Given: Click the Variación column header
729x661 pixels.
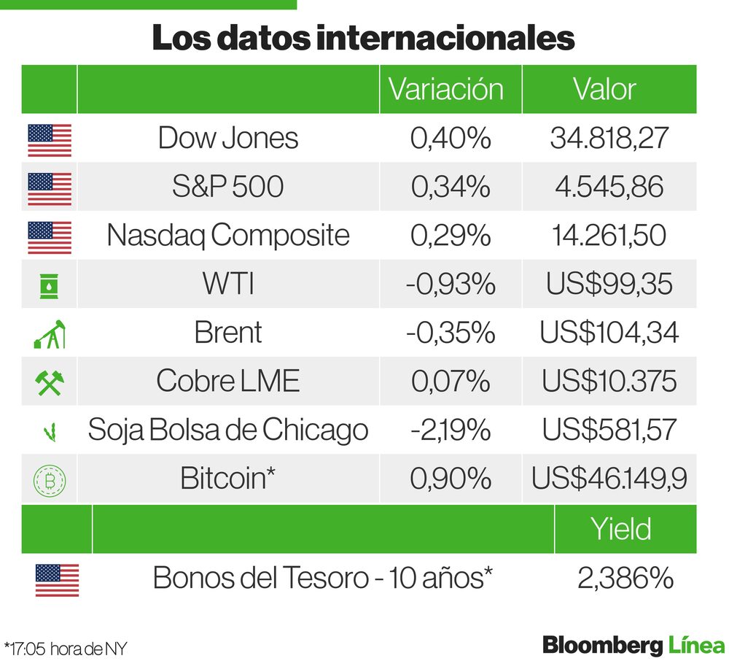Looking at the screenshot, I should tap(446, 89).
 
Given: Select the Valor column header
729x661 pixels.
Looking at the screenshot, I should tap(604, 89).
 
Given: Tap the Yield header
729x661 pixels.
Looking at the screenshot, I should tap(621, 529).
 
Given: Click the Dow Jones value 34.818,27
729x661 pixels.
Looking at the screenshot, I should tap(609, 138).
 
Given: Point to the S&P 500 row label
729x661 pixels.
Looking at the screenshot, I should tap(227, 187).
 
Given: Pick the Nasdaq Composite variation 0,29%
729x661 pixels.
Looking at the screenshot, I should tap(450, 236).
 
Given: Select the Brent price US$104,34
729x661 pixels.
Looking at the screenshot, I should tap(609, 333).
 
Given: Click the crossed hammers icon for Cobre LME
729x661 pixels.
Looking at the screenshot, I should tap(50, 382).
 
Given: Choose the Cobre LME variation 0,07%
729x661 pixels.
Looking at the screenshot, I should tap(450, 382).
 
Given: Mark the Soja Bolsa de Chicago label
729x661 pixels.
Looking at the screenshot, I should tap(227, 430).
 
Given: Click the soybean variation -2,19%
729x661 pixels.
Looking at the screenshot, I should tap(450, 430).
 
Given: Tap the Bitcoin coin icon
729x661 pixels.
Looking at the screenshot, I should tap(50, 479).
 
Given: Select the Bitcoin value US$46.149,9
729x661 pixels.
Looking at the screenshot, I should tap(609, 479).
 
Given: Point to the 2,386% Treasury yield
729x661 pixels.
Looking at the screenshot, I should tap(625, 579).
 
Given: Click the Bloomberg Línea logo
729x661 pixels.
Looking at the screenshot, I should tap(633, 645).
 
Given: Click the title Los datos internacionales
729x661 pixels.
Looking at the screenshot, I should tap(363, 39).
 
